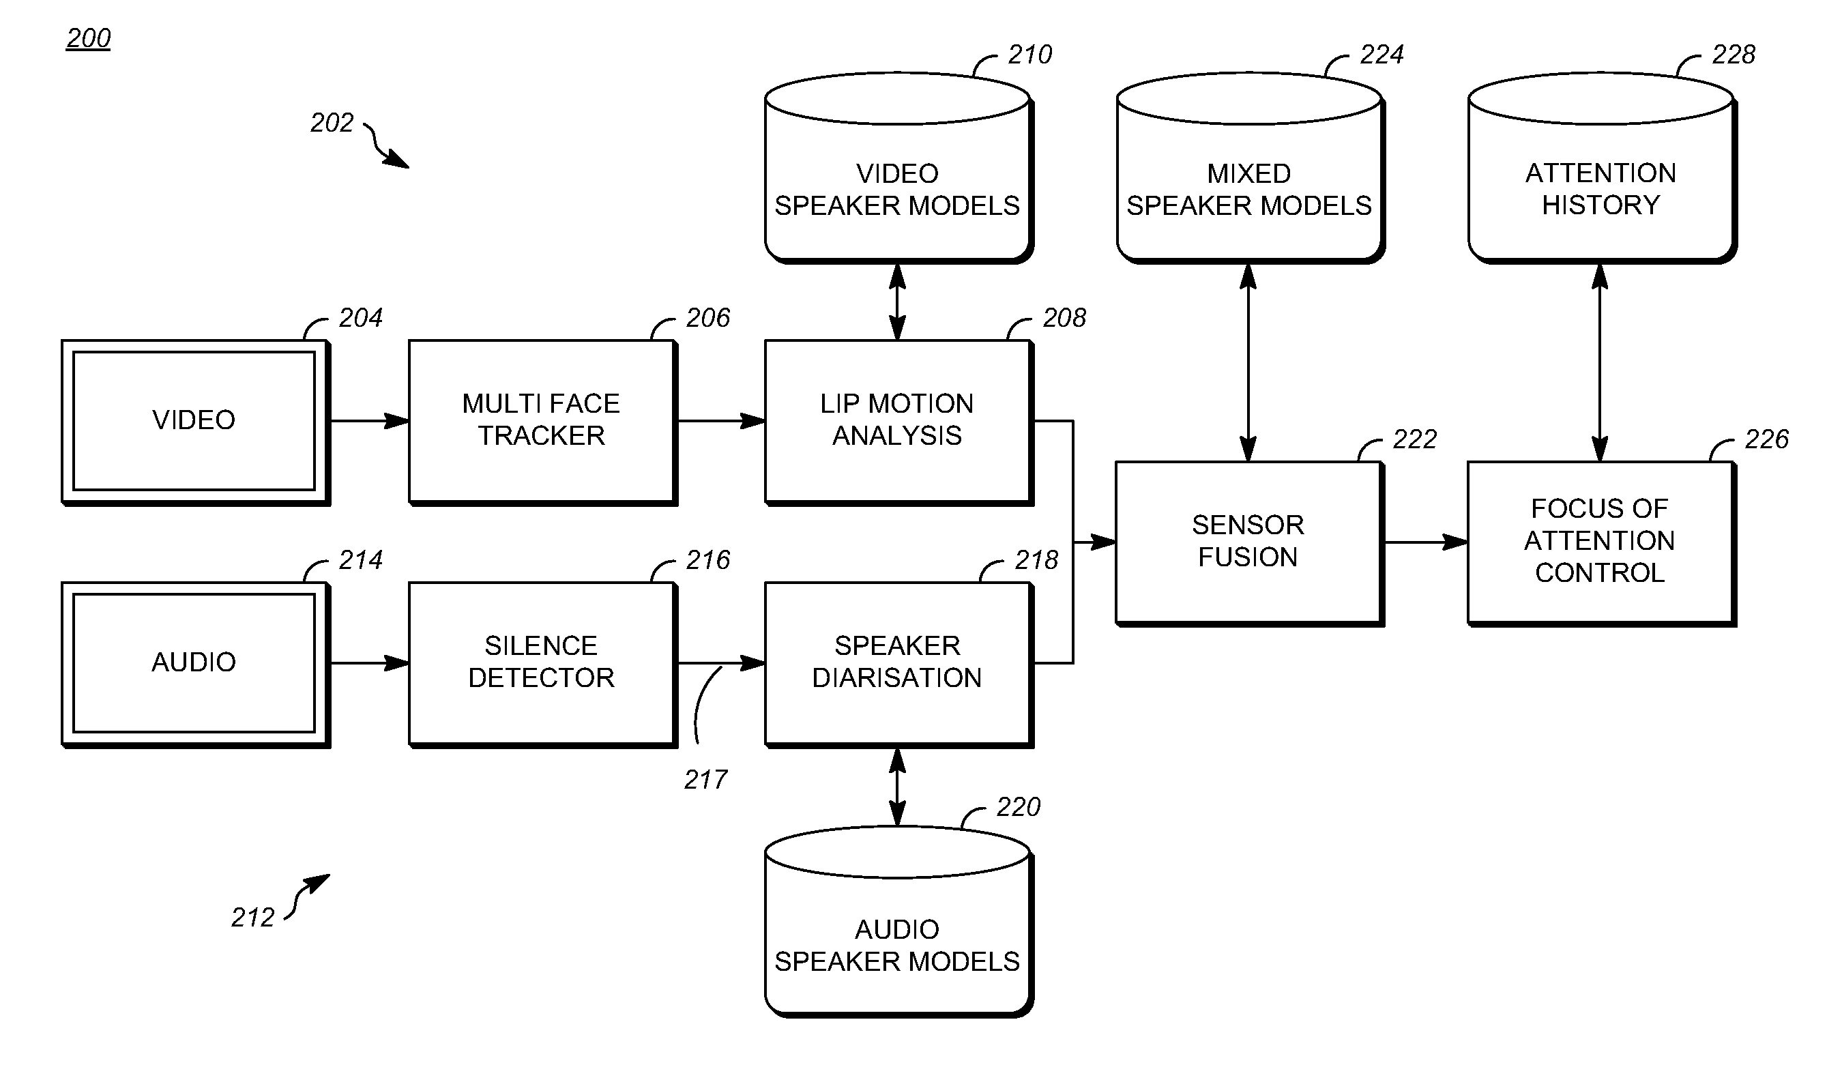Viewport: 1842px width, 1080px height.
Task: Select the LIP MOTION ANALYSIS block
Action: (x=898, y=420)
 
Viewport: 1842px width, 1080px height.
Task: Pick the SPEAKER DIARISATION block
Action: (x=898, y=662)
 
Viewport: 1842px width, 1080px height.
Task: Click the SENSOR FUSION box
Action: (x=1248, y=542)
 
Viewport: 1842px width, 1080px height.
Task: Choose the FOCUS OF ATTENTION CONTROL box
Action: (x=1600, y=542)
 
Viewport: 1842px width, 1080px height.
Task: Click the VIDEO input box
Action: (x=194, y=421)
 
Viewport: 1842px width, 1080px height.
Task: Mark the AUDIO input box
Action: (x=194, y=662)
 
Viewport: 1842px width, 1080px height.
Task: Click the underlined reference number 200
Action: (x=89, y=39)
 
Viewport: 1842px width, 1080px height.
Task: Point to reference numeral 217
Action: (x=705, y=780)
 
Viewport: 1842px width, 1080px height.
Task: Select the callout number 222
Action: (x=1414, y=439)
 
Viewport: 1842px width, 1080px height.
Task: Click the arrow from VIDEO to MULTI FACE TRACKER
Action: (x=369, y=421)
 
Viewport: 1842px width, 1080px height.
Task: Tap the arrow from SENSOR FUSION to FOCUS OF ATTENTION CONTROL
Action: (x=1425, y=542)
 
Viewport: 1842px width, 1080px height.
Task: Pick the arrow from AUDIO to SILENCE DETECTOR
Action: (x=369, y=663)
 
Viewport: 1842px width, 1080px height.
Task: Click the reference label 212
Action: (x=253, y=918)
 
